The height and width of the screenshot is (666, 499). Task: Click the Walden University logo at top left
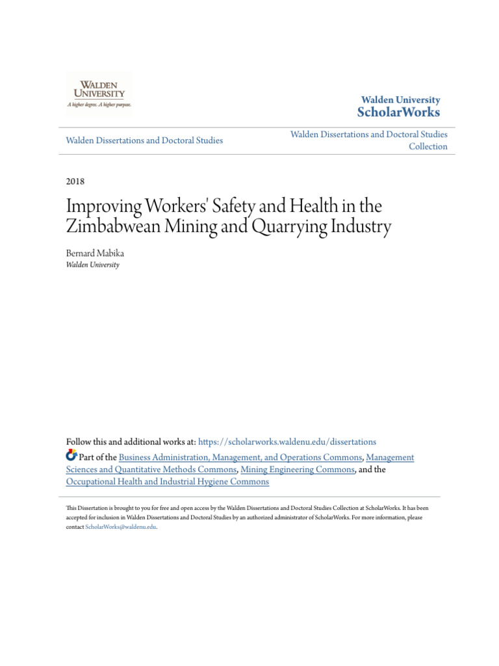[99, 94]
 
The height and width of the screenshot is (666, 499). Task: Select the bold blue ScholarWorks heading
[398, 113]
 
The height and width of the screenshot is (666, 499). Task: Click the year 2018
[75, 181]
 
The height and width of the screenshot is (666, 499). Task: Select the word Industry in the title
[361, 228]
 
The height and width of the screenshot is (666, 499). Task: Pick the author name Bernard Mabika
[95, 253]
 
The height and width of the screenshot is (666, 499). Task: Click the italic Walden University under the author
[92, 265]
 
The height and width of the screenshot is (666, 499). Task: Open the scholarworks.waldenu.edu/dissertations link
[287, 442]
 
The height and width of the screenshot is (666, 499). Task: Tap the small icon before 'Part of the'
[71, 455]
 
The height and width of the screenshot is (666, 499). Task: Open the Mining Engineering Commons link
[298, 470]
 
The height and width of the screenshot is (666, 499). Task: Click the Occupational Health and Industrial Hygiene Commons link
[167, 482]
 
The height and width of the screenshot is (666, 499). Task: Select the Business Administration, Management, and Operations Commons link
[240, 457]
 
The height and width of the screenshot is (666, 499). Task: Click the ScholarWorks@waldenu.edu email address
[121, 527]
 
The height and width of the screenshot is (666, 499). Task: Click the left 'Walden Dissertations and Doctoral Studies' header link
[144, 140]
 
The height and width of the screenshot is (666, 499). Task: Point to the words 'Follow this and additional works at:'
[130, 442]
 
